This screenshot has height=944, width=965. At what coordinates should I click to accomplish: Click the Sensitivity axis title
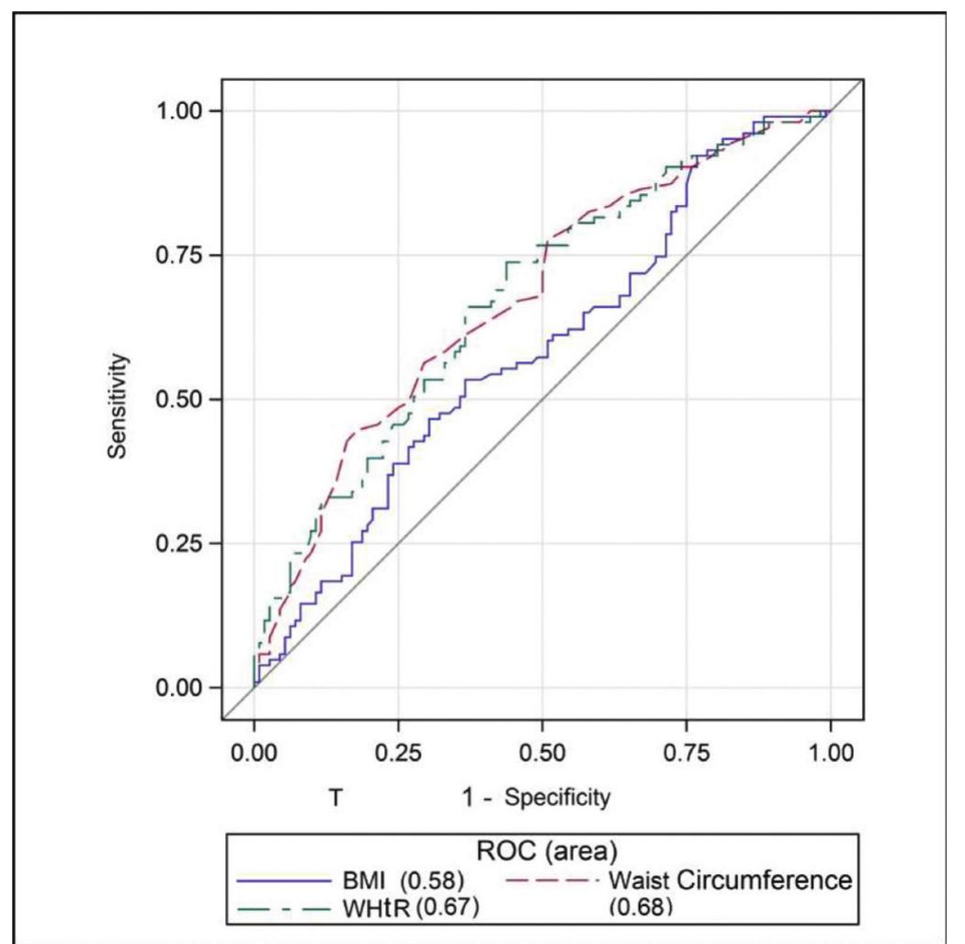pyautogui.click(x=117, y=400)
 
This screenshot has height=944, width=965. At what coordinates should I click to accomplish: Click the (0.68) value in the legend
pyautogui.click(x=641, y=907)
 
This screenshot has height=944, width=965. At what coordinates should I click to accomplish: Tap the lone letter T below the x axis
pyautogui.click(x=335, y=797)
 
